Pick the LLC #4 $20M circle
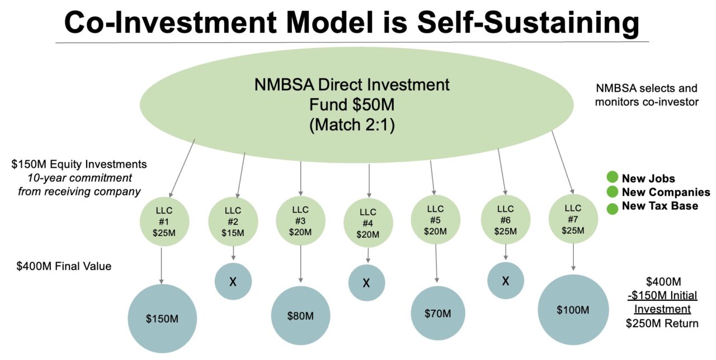click(368, 223)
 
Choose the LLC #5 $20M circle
click(435, 220)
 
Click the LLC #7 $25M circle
click(573, 219)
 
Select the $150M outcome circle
click(162, 319)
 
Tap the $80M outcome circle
click(300, 315)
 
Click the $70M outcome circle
click(438, 314)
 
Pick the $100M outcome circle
click(573, 310)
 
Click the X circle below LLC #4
click(366, 283)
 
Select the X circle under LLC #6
click(506, 281)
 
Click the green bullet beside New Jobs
click(613, 178)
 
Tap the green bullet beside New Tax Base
click(613, 207)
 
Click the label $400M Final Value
click(64, 266)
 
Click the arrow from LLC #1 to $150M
click(162, 266)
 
